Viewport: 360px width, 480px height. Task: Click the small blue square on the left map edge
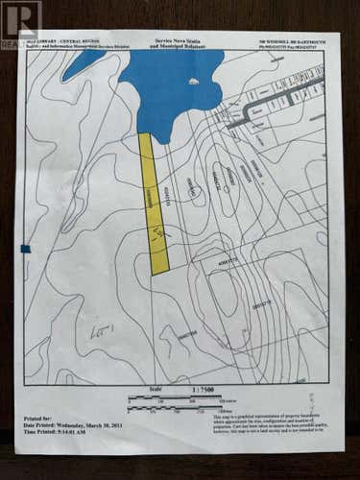(25, 249)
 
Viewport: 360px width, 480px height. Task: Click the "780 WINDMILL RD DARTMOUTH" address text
(292, 40)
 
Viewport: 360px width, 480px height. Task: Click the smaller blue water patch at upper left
(84, 61)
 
